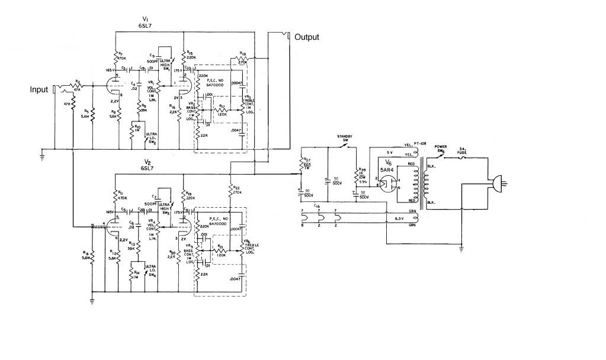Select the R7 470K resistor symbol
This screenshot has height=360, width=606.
(115, 58)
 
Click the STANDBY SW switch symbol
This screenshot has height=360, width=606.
(344, 144)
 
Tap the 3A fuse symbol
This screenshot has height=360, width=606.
(471, 157)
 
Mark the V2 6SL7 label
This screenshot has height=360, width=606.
(146, 165)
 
